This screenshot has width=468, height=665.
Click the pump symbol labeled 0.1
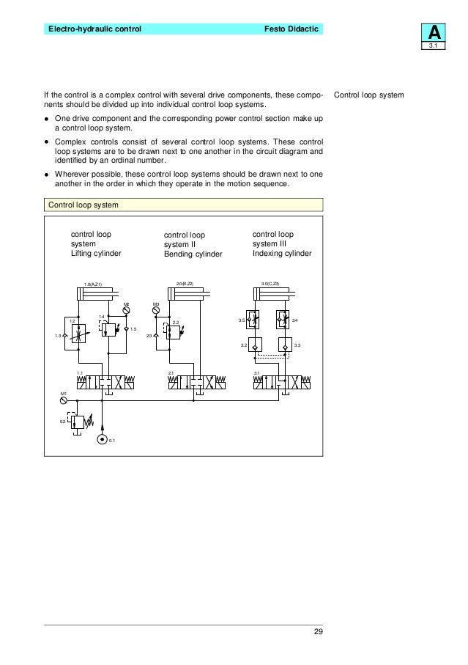click(x=103, y=440)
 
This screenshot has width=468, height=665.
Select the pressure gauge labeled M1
click(x=64, y=400)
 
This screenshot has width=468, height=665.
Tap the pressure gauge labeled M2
click(x=127, y=311)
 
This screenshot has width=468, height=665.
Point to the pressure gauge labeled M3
click(x=156, y=311)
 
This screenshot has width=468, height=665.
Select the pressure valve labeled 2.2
click(x=173, y=332)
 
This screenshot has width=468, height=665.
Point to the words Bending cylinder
click(x=193, y=254)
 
